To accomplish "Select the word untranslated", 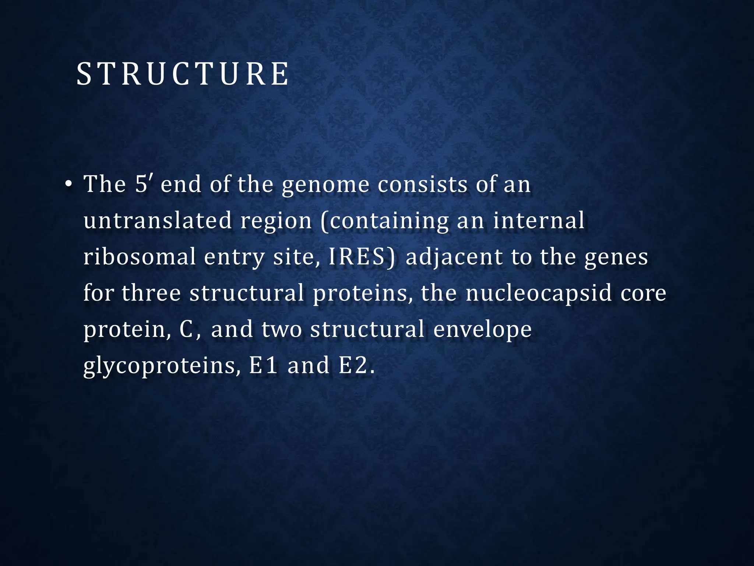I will click(x=158, y=220).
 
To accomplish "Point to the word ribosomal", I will click(x=140, y=257).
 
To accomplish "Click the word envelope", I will click(x=482, y=329).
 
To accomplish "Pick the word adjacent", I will click(x=454, y=257).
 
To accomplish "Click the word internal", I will click(x=539, y=220).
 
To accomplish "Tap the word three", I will click(x=151, y=293).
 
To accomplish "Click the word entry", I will click(x=235, y=257).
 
